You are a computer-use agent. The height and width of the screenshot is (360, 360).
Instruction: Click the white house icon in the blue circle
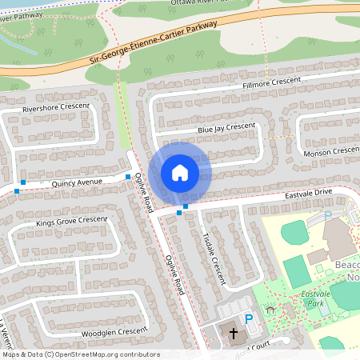pyautogui.click(x=179, y=173)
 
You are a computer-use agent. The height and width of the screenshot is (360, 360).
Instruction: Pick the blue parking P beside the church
pyautogui.click(x=249, y=319)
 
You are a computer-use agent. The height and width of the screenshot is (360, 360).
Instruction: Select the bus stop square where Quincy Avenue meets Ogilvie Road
pyautogui.click(x=128, y=176)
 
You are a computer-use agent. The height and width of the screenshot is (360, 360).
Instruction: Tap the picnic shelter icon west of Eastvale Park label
pyautogui.click(x=270, y=307)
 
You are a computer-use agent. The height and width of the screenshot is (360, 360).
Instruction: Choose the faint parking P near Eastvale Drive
pyautogui.click(x=327, y=215)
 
